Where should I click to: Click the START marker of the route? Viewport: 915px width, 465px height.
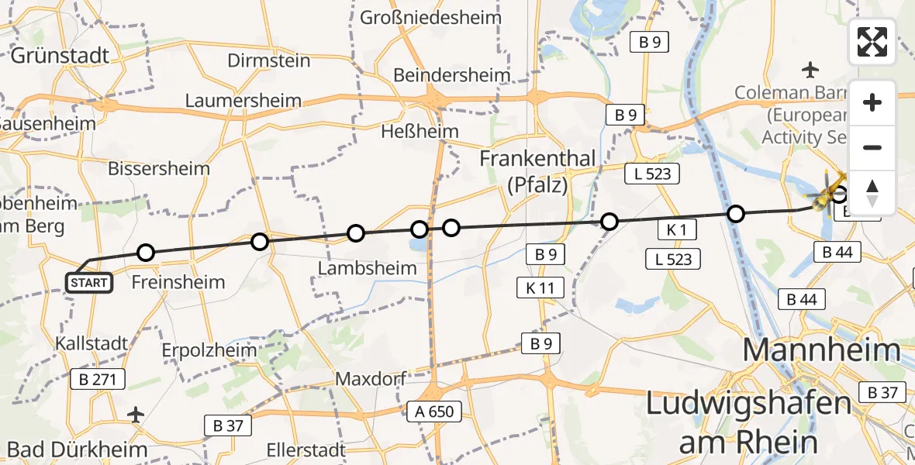89,283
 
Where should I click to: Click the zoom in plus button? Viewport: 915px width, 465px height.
872,102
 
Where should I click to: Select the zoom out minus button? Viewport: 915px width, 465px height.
872,147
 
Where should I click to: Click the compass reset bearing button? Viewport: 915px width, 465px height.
872,192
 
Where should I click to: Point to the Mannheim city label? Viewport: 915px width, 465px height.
822,350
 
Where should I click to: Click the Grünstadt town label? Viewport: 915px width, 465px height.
60,56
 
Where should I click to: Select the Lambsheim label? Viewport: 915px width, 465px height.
367,268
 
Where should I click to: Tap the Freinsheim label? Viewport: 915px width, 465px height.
178,282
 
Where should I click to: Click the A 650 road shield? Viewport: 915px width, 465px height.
434,412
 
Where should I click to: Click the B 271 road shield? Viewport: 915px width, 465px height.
97,380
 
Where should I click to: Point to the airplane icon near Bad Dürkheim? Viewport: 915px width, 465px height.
136,415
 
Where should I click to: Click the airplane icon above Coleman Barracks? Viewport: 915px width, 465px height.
811,71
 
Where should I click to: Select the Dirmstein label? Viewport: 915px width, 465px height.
270,60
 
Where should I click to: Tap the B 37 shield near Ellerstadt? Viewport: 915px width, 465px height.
225,425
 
